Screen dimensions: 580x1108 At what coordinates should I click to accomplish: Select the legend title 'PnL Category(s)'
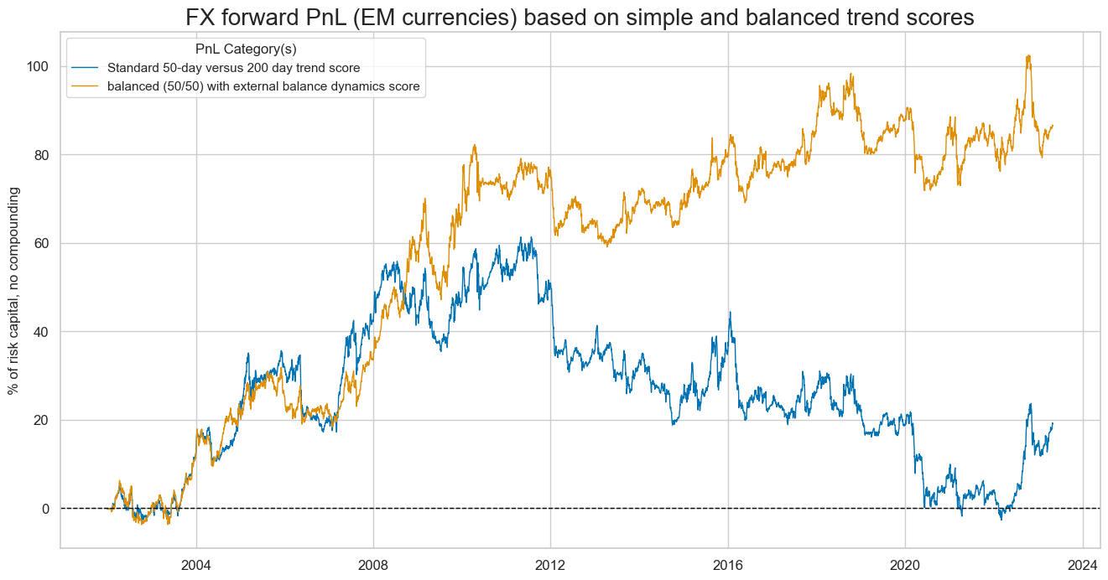click(x=245, y=49)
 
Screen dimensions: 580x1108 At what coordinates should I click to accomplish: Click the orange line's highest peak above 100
click(x=1028, y=56)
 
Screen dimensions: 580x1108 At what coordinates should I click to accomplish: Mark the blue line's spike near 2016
click(x=730, y=313)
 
